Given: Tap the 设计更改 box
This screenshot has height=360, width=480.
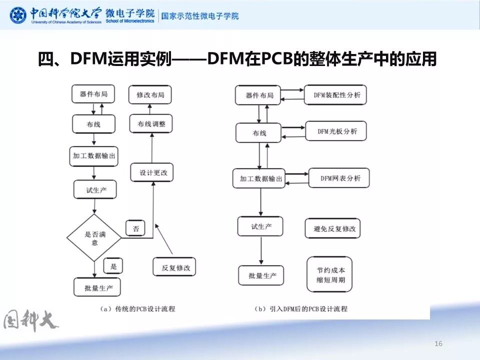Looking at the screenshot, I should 153,173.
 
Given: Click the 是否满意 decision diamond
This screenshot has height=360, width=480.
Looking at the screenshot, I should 94,238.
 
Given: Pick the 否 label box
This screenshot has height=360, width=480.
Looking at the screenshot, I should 135,228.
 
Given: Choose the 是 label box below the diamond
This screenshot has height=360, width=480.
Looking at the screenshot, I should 113,266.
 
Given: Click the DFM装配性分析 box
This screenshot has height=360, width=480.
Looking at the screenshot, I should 335,95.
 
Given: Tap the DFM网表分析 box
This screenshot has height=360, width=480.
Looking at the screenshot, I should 339,178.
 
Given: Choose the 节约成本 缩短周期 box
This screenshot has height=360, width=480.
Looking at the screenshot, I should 329,274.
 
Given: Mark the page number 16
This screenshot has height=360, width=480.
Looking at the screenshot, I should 439,343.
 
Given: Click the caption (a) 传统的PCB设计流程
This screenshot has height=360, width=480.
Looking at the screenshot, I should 137,309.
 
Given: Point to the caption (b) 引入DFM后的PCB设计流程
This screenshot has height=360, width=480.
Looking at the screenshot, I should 300,309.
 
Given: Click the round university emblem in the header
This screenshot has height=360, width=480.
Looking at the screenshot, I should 18,15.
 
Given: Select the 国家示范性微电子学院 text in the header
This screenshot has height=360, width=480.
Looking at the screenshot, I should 199,15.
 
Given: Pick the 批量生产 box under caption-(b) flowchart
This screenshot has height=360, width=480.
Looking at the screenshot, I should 261,275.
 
